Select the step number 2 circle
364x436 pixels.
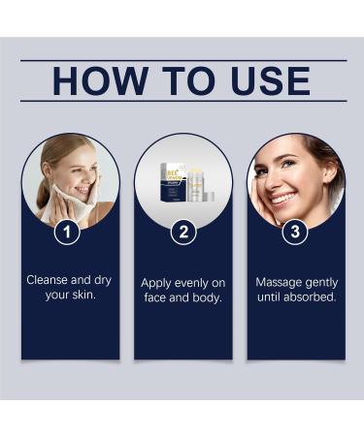[182, 233]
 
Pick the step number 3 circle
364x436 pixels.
[295, 233]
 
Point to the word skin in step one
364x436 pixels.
[87, 297]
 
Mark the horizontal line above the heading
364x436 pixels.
[182, 60]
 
